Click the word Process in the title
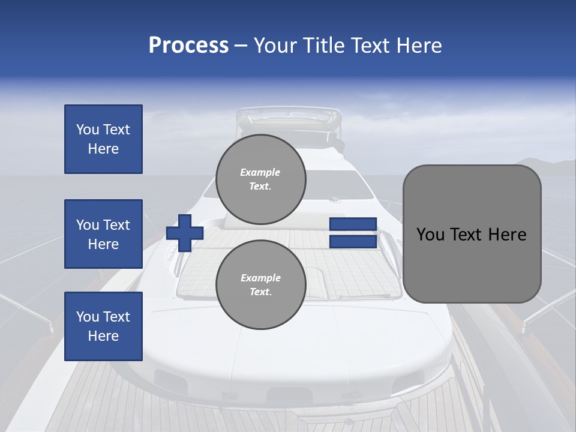188,46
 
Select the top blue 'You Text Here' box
103,139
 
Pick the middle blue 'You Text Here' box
103,234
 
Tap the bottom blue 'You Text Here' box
103,326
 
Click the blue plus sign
185,233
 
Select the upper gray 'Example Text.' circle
260,179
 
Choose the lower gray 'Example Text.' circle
260,284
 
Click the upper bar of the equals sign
353,224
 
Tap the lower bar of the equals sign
353,242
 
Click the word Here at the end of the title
420,46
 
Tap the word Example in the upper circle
260,172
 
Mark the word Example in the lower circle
260,278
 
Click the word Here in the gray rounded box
507,235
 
